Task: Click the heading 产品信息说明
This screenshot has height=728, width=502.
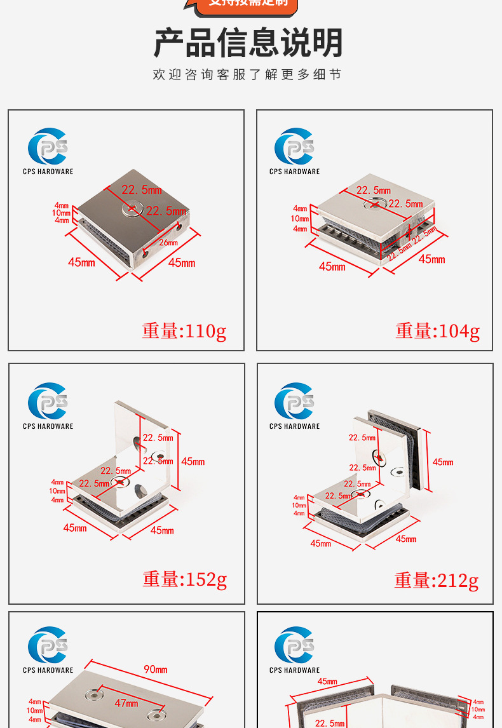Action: point(248,43)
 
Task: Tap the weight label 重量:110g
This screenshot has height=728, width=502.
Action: point(184,331)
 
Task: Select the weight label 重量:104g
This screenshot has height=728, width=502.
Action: point(437,331)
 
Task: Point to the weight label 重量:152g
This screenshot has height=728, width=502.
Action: point(184,579)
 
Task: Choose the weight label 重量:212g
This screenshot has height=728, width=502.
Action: point(436,580)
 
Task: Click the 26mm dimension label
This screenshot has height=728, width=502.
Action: point(168,242)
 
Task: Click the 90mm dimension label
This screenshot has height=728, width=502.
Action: point(156,669)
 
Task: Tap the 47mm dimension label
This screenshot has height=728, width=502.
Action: point(126,703)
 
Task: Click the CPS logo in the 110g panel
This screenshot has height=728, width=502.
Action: point(48,147)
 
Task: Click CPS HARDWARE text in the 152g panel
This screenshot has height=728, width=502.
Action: point(48,426)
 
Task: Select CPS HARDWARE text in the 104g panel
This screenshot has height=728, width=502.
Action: point(294,172)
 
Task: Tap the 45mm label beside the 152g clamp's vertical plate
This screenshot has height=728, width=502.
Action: point(193,462)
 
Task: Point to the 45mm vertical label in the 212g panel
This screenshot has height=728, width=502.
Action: point(443,462)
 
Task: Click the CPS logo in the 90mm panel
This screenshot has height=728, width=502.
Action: point(48,646)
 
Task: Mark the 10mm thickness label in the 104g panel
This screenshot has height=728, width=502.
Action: point(300,219)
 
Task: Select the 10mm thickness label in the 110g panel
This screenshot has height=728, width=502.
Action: point(62,213)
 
